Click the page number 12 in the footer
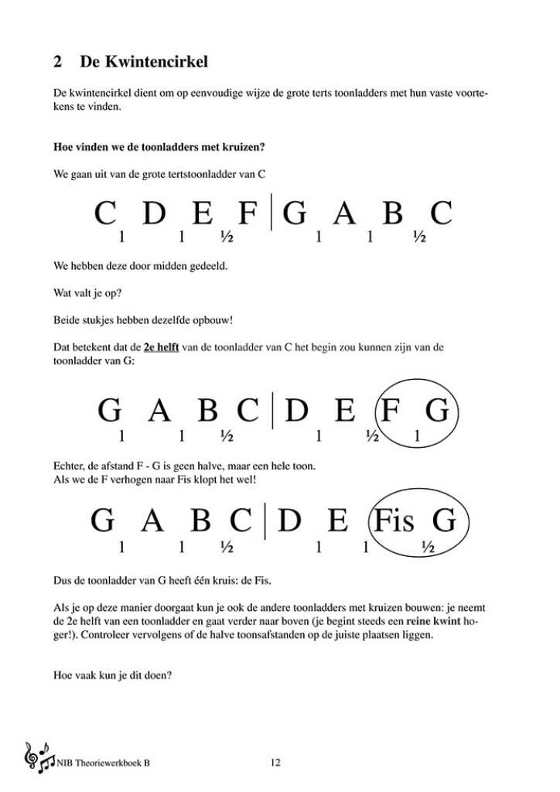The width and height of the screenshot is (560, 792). (275, 763)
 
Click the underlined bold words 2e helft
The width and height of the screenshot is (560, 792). (161, 348)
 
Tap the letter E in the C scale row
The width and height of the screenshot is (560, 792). (202, 213)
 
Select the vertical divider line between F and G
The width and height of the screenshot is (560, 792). (271, 213)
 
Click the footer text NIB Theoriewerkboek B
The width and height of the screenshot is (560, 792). (103, 763)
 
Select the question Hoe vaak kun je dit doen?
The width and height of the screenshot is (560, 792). (112, 674)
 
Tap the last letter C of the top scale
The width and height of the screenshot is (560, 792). (441, 213)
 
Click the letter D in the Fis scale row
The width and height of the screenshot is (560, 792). (289, 522)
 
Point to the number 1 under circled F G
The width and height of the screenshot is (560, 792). (418, 437)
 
